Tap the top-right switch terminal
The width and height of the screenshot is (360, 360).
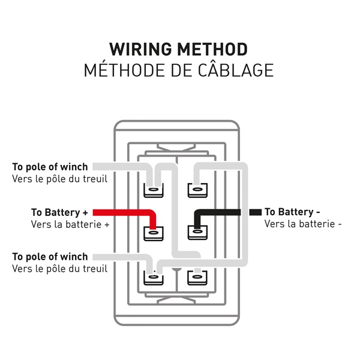[196, 190]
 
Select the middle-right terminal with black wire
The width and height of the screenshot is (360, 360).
[196, 231]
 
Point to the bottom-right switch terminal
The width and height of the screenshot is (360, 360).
[196, 278]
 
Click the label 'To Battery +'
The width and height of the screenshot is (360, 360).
[59, 212]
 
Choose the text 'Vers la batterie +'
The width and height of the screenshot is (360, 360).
[70, 224]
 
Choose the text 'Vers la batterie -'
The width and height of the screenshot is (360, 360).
[303, 224]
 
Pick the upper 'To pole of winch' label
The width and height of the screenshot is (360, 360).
[50, 167]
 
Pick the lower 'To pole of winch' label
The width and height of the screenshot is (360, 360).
[50, 257]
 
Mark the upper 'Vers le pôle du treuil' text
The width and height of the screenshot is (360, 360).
[59, 178]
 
